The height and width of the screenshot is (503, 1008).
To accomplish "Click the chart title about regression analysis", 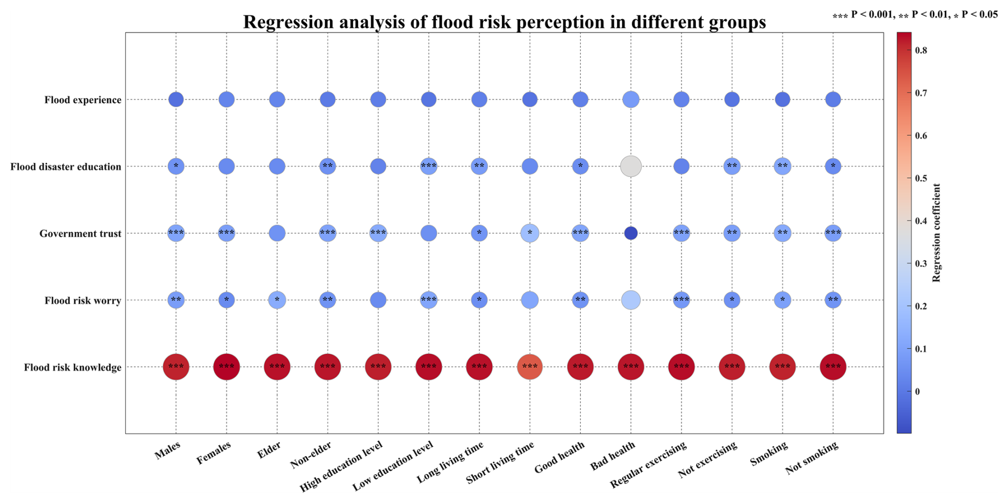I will click(x=504, y=22).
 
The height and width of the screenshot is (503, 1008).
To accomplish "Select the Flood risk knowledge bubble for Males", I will click(x=176, y=367).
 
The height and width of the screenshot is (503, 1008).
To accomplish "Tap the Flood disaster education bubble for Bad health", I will click(x=631, y=166).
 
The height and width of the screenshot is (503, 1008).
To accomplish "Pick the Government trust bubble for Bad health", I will click(x=631, y=233).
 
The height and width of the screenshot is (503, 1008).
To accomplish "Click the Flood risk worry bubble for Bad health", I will click(x=631, y=300).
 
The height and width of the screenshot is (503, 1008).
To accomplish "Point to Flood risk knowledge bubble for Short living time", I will click(x=530, y=367).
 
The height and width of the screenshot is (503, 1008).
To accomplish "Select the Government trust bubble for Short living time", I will click(x=530, y=233).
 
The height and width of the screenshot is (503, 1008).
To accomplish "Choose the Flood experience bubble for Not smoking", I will click(x=833, y=100).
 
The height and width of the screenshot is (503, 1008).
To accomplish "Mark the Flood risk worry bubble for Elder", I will click(x=277, y=300).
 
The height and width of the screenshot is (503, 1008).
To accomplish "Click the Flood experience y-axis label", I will click(x=83, y=100).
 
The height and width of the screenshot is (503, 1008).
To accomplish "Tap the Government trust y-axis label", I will click(x=80, y=234).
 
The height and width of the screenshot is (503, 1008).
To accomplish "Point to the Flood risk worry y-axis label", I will click(x=83, y=301).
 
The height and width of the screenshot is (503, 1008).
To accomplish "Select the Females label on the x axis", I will click(x=214, y=453).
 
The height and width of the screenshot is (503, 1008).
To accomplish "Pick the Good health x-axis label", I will click(x=560, y=457).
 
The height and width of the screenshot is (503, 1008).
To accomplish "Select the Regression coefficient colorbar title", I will click(x=937, y=233).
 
